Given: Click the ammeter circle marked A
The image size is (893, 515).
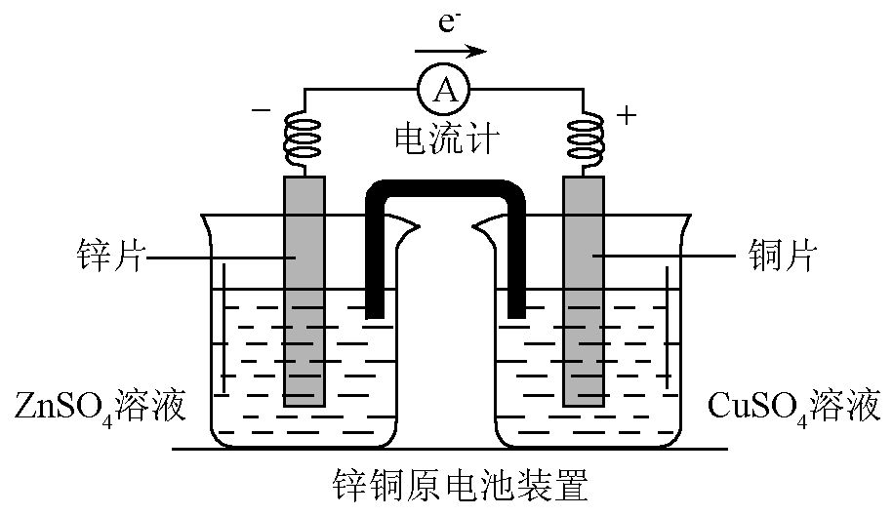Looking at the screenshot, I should point(444,91).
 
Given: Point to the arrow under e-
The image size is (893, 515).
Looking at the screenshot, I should point(450,50).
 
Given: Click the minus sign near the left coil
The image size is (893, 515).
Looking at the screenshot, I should point(261,110).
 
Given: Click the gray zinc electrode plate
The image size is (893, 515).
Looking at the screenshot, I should point(304,293).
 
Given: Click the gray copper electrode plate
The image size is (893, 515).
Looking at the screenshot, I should point(585,293).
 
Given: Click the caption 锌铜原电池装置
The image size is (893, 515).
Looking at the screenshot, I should point(446,483).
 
